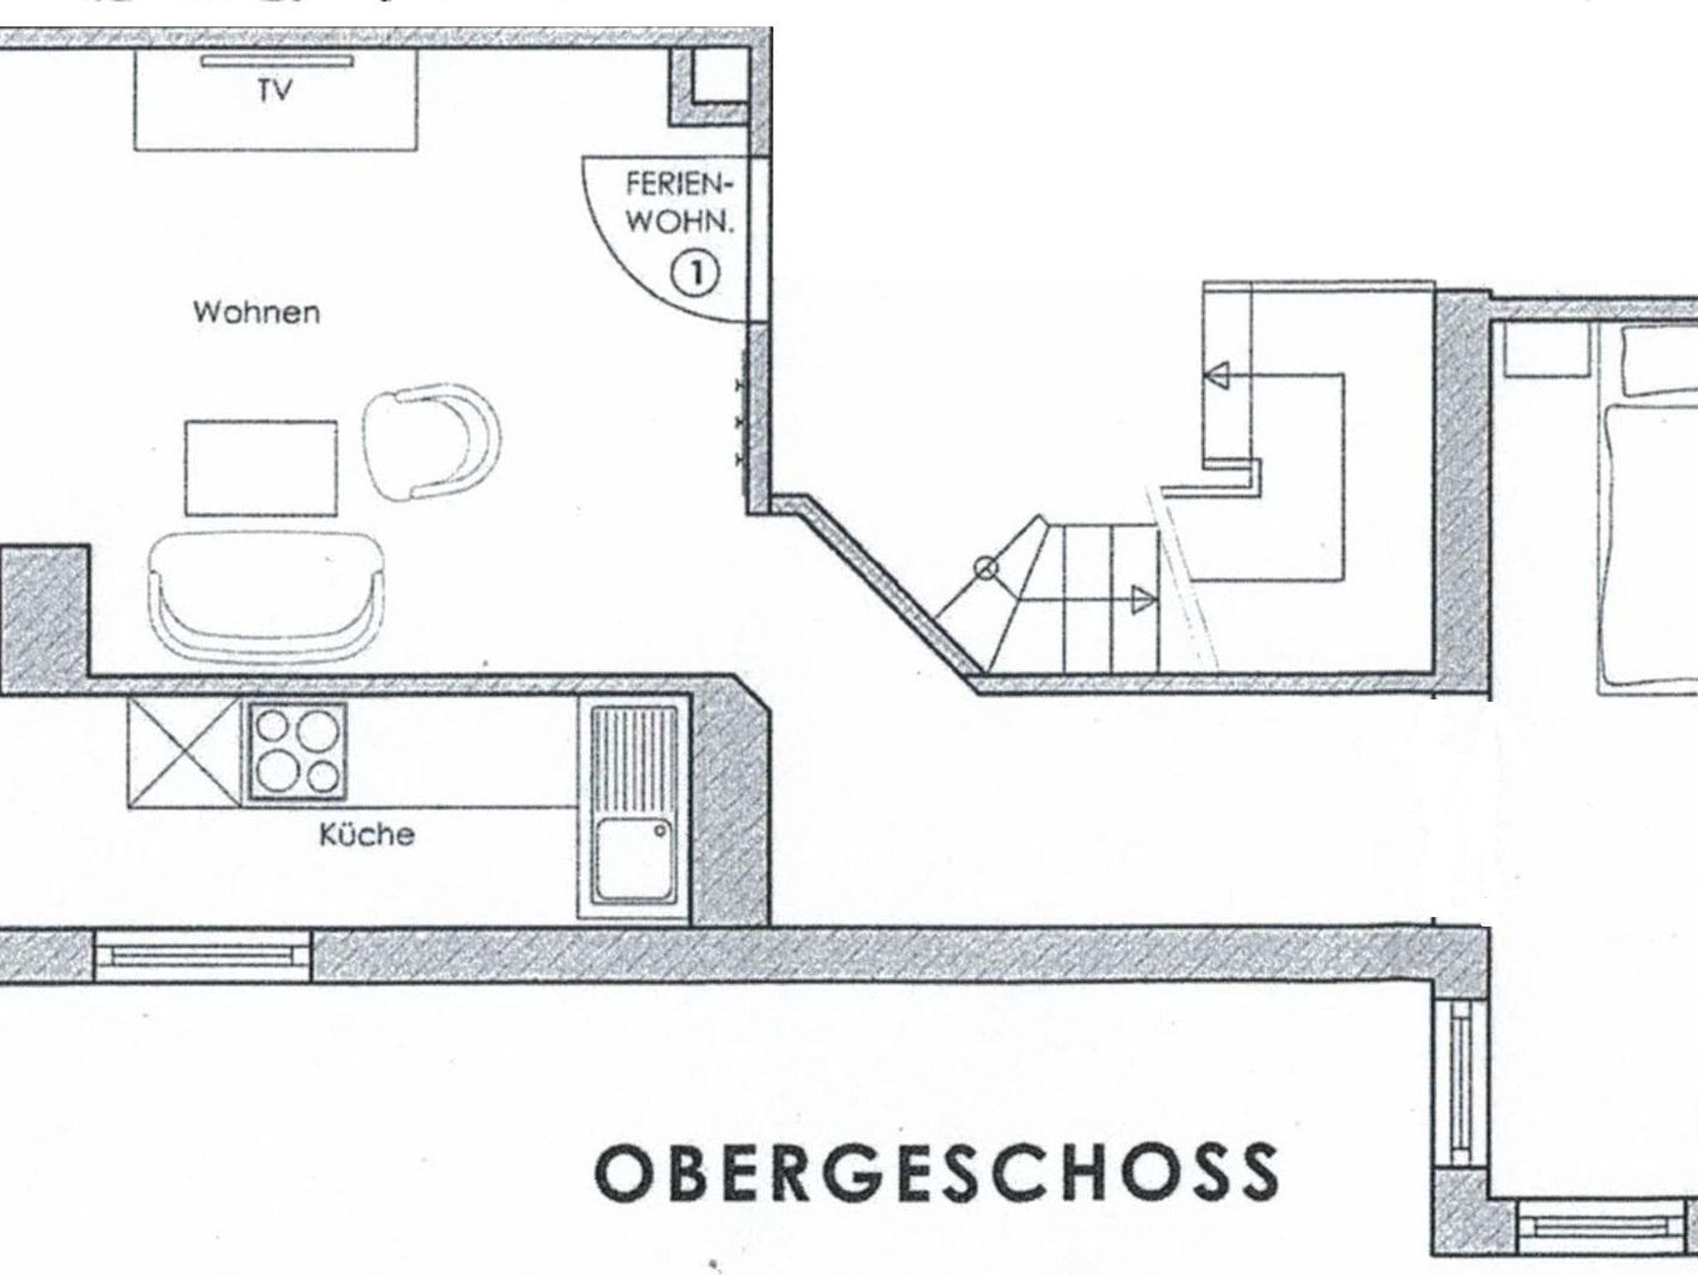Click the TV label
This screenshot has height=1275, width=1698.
(x=274, y=90)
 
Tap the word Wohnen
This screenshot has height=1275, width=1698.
(x=256, y=313)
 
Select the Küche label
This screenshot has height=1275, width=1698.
(x=367, y=834)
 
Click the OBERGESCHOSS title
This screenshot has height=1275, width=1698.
(x=936, y=1172)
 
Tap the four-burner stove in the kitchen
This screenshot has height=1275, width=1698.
(x=297, y=751)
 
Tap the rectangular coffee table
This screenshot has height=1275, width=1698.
(x=261, y=468)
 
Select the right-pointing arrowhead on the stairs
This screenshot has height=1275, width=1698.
(x=1144, y=599)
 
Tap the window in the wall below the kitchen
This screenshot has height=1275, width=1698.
(x=202, y=957)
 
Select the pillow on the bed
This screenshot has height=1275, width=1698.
(x=1662, y=361)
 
